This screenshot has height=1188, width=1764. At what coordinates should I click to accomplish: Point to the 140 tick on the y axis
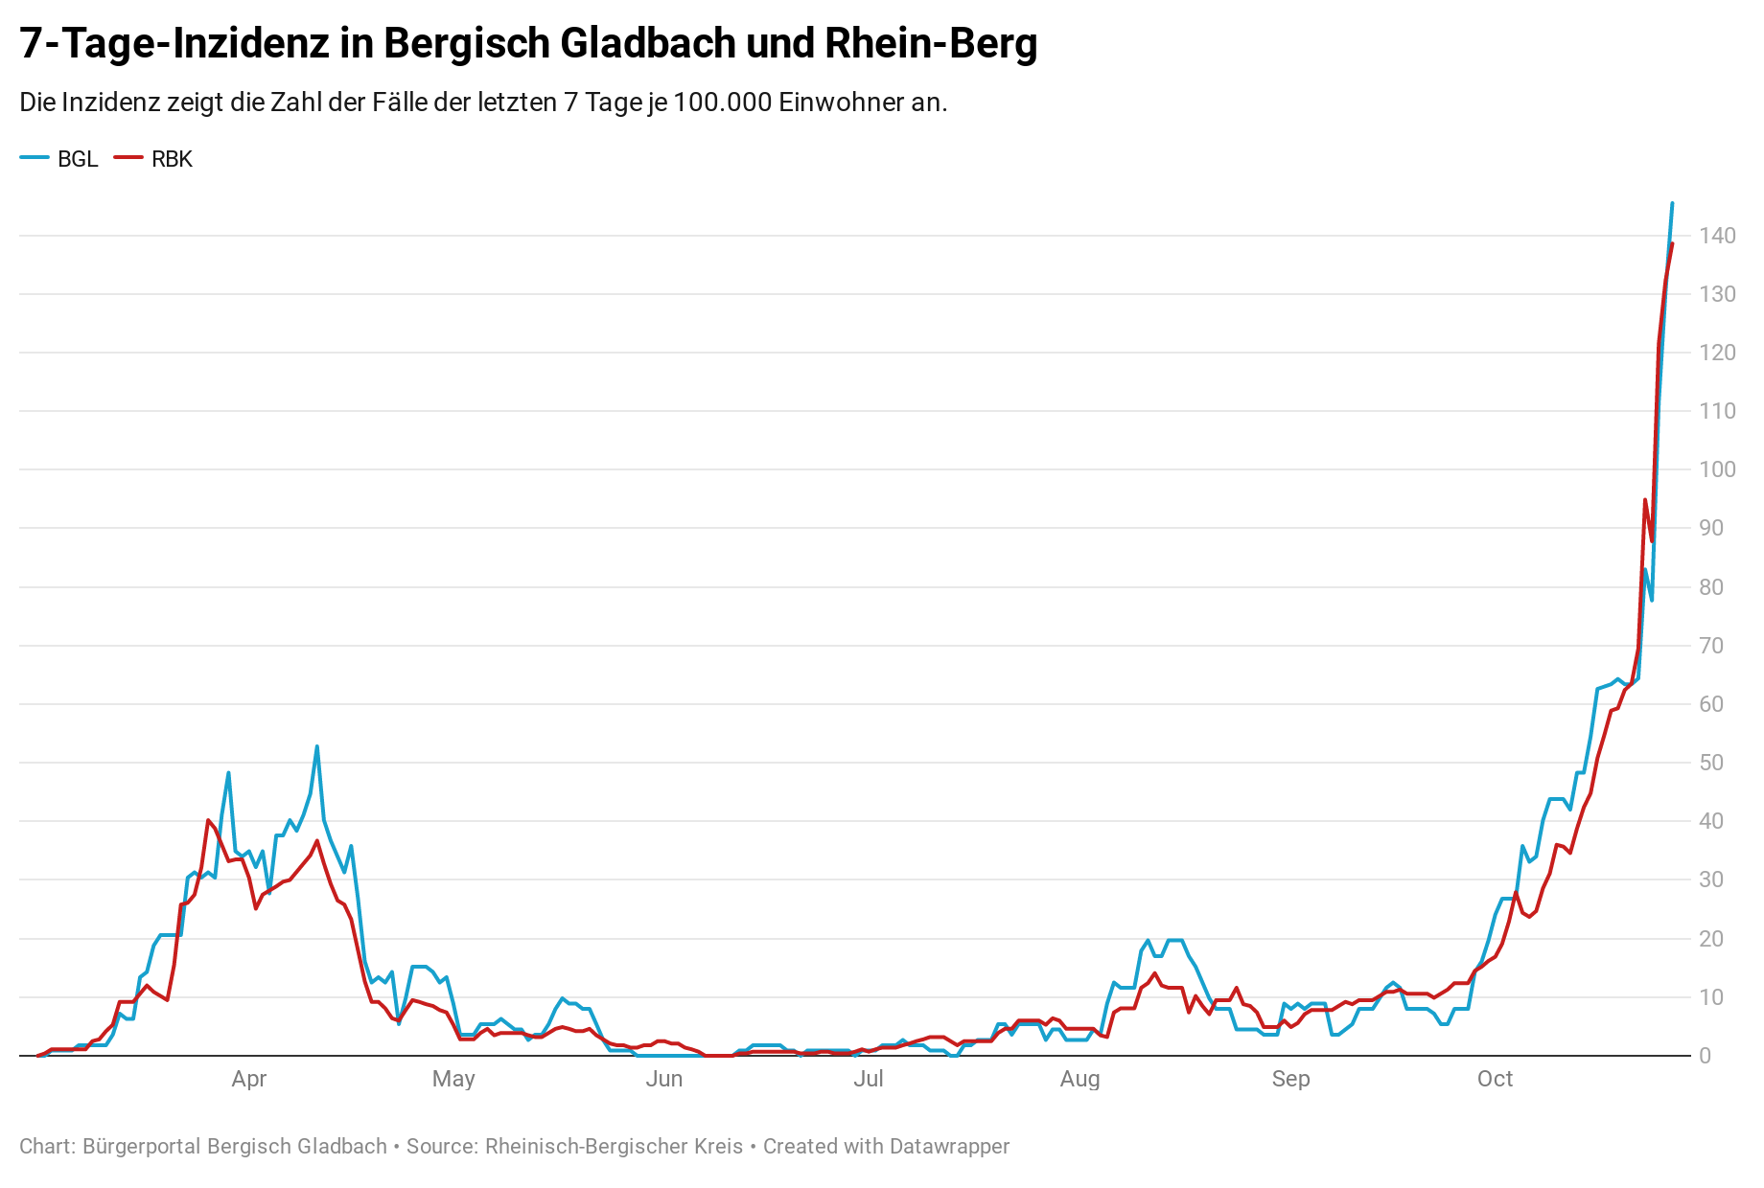[x=1717, y=236]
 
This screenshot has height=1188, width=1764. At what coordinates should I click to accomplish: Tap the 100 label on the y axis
[x=1717, y=469]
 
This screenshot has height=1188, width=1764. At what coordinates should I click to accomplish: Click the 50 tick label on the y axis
[x=1711, y=763]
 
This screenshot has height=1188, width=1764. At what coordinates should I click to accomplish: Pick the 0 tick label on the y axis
[x=1705, y=1056]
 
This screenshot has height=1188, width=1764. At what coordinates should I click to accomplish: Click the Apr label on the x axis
[x=249, y=1079]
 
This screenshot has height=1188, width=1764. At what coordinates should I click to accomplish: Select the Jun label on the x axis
[x=664, y=1079]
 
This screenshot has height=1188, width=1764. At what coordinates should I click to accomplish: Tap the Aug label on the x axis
[x=1079, y=1079]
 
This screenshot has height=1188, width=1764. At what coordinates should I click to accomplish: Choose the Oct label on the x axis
[x=1495, y=1079]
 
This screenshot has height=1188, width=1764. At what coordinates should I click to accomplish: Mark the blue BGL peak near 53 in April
[x=317, y=746]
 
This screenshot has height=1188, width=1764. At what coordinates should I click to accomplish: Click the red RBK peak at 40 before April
[x=208, y=820]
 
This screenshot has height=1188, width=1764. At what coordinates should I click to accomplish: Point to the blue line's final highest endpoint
[x=1672, y=203]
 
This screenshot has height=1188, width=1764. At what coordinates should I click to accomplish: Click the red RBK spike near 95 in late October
[x=1645, y=499]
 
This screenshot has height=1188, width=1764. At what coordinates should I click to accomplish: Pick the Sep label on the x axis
[x=1290, y=1079]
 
